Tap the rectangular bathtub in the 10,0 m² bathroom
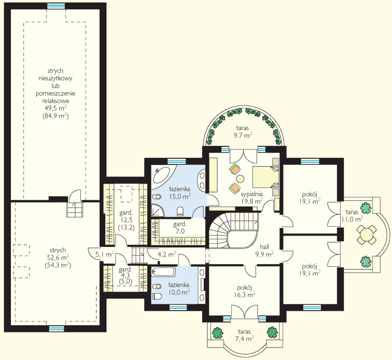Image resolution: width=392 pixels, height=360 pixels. coord(163,272)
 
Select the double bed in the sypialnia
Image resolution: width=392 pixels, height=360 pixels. coord(265,177)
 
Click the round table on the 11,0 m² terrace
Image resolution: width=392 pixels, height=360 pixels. coord(366,234)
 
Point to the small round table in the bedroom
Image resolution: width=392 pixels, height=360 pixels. coord(240,178)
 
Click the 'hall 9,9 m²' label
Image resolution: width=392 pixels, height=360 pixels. coord(264,251)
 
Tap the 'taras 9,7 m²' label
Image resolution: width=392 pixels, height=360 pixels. coord(243,132)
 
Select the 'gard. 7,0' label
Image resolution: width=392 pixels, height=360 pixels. coord(180,228)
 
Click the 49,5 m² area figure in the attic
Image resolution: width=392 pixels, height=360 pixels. coord(55,108)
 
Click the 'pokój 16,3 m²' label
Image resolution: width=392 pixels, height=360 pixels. coord(245,291)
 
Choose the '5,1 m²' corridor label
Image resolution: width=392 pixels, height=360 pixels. coord(105,255)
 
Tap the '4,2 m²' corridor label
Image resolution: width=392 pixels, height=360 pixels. coord(167,254)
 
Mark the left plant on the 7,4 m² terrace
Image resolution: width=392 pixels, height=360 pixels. coord(218,333)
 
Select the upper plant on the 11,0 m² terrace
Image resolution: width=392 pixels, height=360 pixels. coord(366,208)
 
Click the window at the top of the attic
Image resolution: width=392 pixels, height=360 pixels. coord(56,6)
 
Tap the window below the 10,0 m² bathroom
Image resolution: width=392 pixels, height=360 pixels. coord(178,308)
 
